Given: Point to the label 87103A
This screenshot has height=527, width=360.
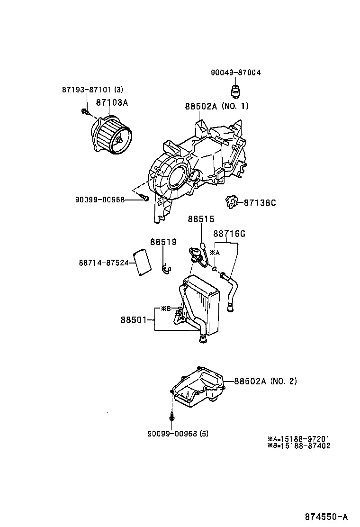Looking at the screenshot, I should click(x=112, y=102).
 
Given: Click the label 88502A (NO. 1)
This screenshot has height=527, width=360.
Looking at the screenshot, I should click(x=216, y=106).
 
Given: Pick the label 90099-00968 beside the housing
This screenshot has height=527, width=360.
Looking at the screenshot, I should click(x=99, y=200).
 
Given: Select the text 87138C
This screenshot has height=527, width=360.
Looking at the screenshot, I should click(x=260, y=203).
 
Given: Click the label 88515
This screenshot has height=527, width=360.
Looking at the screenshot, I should click(x=201, y=219).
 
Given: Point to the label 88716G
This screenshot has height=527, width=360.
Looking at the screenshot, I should click(x=229, y=234).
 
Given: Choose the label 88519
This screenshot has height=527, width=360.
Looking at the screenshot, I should click(x=163, y=242).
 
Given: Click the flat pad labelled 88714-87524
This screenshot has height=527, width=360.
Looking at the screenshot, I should click(x=143, y=262).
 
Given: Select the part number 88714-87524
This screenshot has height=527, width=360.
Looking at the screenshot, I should click(x=104, y=262).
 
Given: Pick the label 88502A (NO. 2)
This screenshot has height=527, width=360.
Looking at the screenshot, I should click(x=265, y=381).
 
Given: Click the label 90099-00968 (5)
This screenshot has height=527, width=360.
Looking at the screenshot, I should click(x=178, y=434).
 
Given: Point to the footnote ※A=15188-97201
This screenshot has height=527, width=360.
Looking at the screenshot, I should click(x=298, y=439).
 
